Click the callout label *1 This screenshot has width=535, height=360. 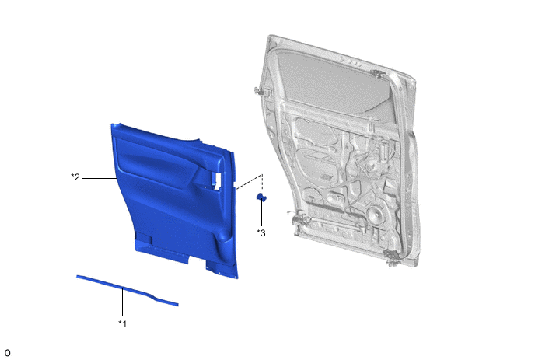[123, 323]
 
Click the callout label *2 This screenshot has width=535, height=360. [75, 177]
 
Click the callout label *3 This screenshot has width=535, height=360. [261, 232]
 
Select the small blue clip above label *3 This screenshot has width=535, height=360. [261, 197]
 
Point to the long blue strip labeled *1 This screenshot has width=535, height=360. [127, 290]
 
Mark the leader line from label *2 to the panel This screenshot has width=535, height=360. [99, 178]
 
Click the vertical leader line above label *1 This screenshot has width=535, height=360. [123, 302]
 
